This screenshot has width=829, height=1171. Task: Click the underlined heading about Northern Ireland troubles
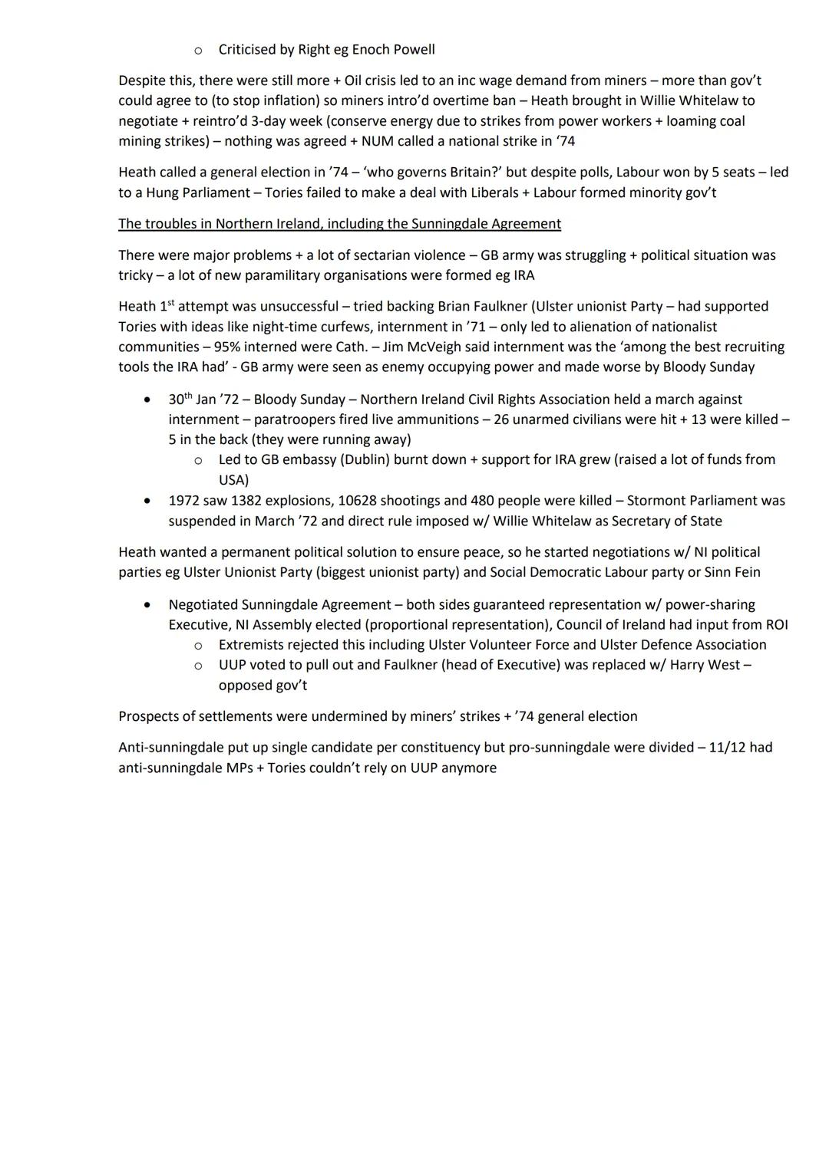[339, 224]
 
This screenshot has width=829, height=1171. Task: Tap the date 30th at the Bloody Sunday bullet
[180, 400]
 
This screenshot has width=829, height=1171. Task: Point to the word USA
[233, 480]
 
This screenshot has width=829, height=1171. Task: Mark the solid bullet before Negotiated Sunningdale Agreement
[147, 605]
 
